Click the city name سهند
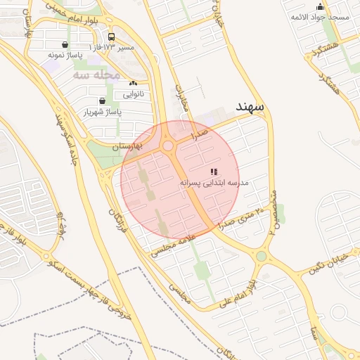click(x=250, y=105)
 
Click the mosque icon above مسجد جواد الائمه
click(x=321, y=6)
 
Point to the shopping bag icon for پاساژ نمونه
click(x=65, y=44)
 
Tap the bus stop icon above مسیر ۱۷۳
click(x=111, y=37)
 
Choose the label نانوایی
click(x=133, y=93)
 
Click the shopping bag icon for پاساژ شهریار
click(x=103, y=101)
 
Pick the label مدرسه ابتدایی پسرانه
click(x=214, y=182)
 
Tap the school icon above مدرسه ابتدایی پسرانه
click(x=214, y=172)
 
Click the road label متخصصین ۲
click(x=274, y=211)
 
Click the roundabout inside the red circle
click(x=169, y=146)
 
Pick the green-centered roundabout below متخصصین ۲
click(x=262, y=256)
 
